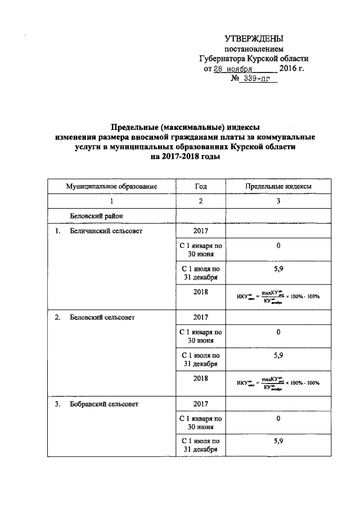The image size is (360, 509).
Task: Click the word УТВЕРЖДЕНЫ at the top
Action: (254, 39)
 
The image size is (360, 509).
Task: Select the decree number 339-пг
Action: (258, 79)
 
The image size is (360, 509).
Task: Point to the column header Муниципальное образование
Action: (111, 186)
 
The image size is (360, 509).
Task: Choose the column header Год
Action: (201, 186)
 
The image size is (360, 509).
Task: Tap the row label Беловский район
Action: (96, 216)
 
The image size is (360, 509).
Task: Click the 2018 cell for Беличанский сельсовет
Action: (201, 292)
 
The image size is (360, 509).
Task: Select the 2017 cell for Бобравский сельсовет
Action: (201, 404)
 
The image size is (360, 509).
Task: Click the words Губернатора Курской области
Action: (254, 58)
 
